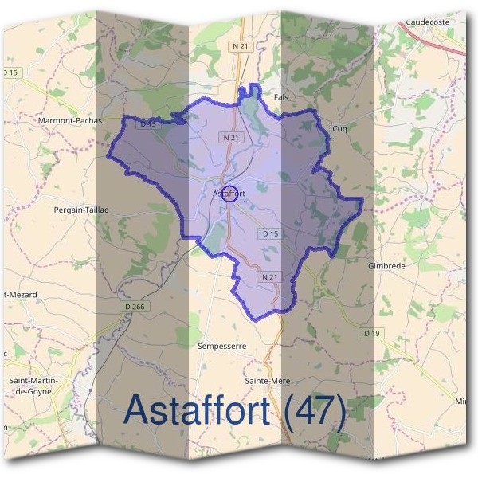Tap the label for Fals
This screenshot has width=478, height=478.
pos(280,97)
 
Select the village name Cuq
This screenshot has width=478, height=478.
pos(339,128)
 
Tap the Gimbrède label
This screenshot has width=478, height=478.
pos(388,265)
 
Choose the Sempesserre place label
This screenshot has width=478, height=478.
pos(221,347)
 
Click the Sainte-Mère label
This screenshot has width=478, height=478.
pos(267,381)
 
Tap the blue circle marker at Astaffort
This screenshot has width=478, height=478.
pos(228,194)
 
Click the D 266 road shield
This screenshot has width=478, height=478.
pos(135,306)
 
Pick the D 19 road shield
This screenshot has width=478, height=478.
pos(368,333)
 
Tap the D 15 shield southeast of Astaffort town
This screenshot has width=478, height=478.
pos(270,233)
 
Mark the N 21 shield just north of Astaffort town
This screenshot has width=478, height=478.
pos(230,138)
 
